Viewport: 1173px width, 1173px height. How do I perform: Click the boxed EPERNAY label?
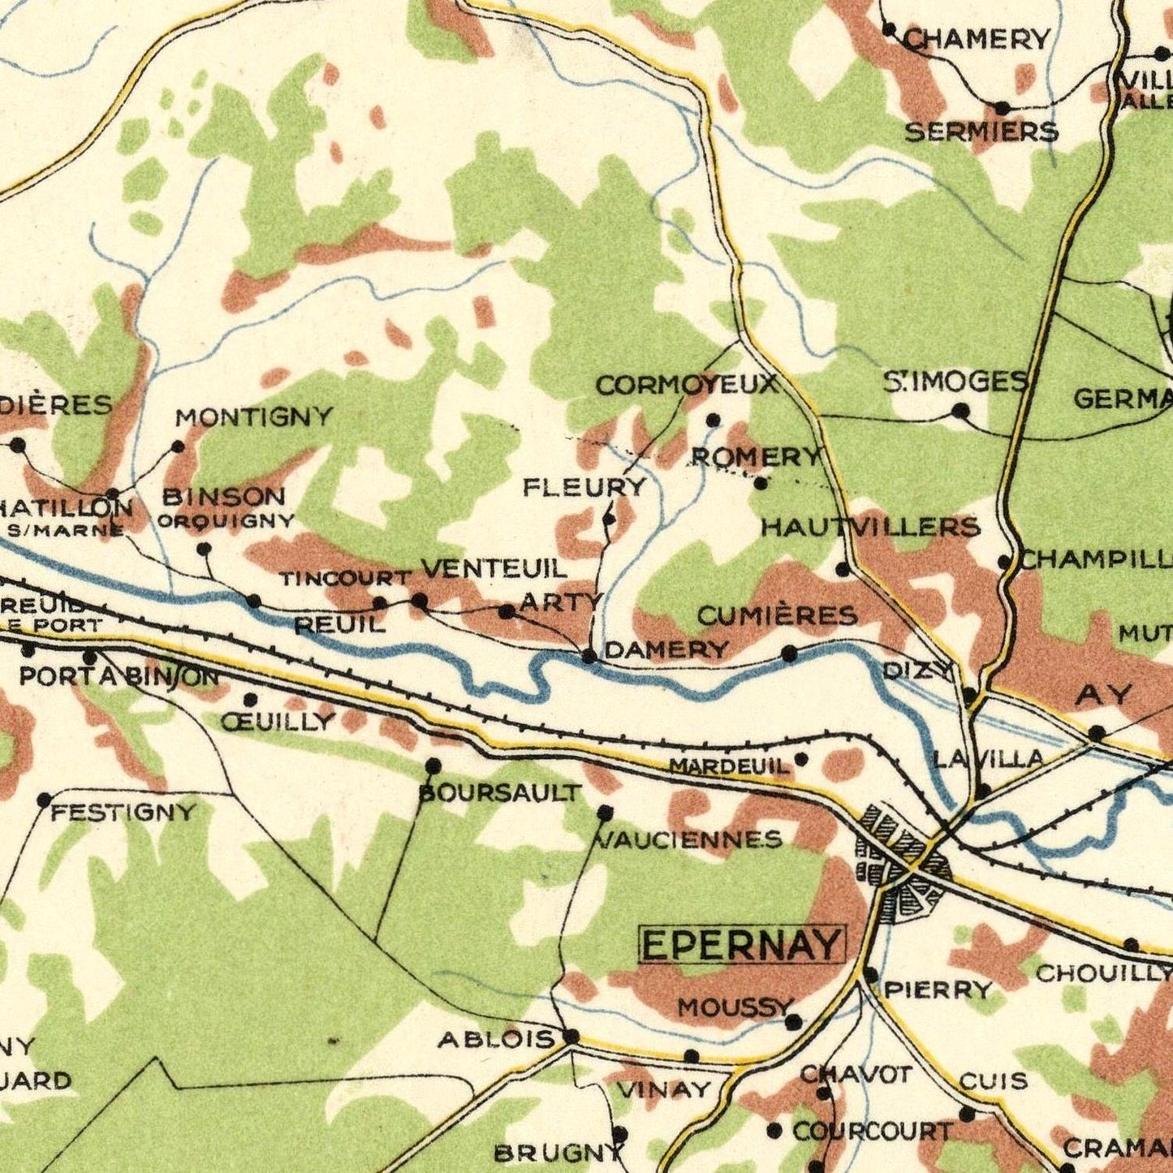[x=742, y=945]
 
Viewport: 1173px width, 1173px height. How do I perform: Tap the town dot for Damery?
[x=590, y=656]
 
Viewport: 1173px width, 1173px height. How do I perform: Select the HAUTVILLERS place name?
[x=870, y=528]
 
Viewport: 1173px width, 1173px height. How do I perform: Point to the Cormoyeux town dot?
[x=713, y=420]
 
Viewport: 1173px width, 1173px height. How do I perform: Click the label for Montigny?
[x=255, y=417]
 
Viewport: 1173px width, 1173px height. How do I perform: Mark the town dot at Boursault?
[x=433, y=765]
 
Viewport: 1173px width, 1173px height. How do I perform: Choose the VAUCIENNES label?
[x=690, y=839]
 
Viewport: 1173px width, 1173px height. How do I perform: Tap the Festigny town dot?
[x=45, y=800]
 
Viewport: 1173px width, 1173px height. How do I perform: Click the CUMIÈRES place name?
[x=777, y=616]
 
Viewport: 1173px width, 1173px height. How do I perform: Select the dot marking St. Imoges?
[x=960, y=411]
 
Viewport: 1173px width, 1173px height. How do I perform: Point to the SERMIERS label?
[x=981, y=132]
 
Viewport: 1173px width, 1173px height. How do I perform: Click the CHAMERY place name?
[x=977, y=38]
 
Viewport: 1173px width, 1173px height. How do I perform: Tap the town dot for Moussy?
[x=793, y=1022]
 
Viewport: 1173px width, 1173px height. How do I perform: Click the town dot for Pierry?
[x=871, y=974]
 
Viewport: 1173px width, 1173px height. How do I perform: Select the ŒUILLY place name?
[x=278, y=722]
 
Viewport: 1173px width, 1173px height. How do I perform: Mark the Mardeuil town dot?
[x=801, y=760]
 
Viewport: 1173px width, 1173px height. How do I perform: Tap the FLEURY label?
[x=584, y=487]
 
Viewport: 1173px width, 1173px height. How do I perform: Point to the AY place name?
[x=1104, y=695]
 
